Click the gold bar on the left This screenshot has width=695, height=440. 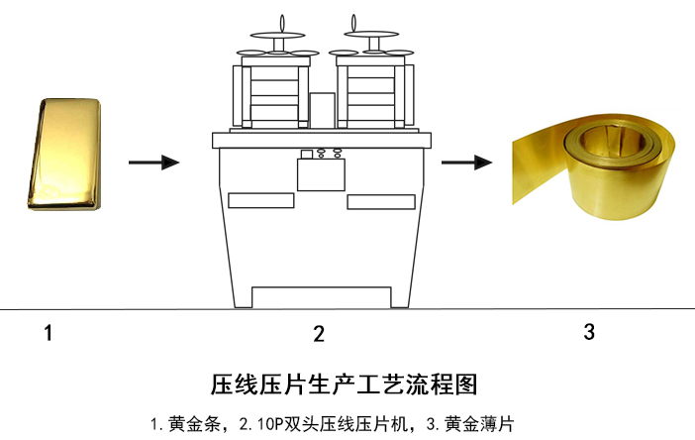point(64,154)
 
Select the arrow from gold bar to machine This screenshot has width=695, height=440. point(153,163)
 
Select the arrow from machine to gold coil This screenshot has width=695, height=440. point(466,163)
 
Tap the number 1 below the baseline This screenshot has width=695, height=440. point(49,333)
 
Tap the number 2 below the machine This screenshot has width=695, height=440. point(319,334)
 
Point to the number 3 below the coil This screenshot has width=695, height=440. point(589,332)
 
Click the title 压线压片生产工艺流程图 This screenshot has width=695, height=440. point(344,385)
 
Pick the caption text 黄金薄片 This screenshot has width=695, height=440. point(479,424)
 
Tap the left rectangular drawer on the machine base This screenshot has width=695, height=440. point(261,200)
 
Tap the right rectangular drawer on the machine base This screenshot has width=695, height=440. point(381,202)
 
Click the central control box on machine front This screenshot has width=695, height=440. point(321,174)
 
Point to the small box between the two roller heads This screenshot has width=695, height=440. point(322,110)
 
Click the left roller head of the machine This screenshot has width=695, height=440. point(271,95)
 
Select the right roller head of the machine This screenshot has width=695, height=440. point(375,95)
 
